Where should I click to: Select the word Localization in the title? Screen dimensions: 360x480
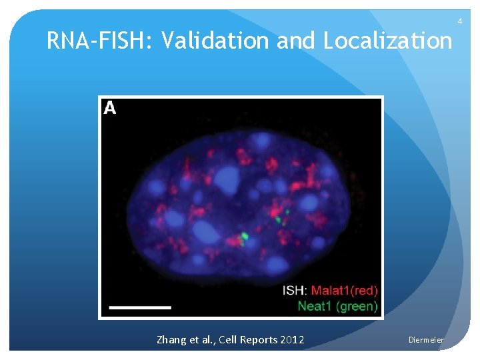coord(387,41)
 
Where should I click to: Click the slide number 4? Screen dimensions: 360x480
coord(459,22)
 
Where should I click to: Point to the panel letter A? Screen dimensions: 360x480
coord(110,108)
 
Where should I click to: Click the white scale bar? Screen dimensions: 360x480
coord(140,307)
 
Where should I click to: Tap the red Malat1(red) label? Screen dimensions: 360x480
coord(345,290)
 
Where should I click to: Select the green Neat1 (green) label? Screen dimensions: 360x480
coord(337,306)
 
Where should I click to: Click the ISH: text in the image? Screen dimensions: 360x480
coord(295,290)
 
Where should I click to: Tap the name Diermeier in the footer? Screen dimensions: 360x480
coord(426,340)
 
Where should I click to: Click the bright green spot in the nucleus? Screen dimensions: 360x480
coord(245,235)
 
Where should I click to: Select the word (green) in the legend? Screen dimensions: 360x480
coord(357,306)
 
